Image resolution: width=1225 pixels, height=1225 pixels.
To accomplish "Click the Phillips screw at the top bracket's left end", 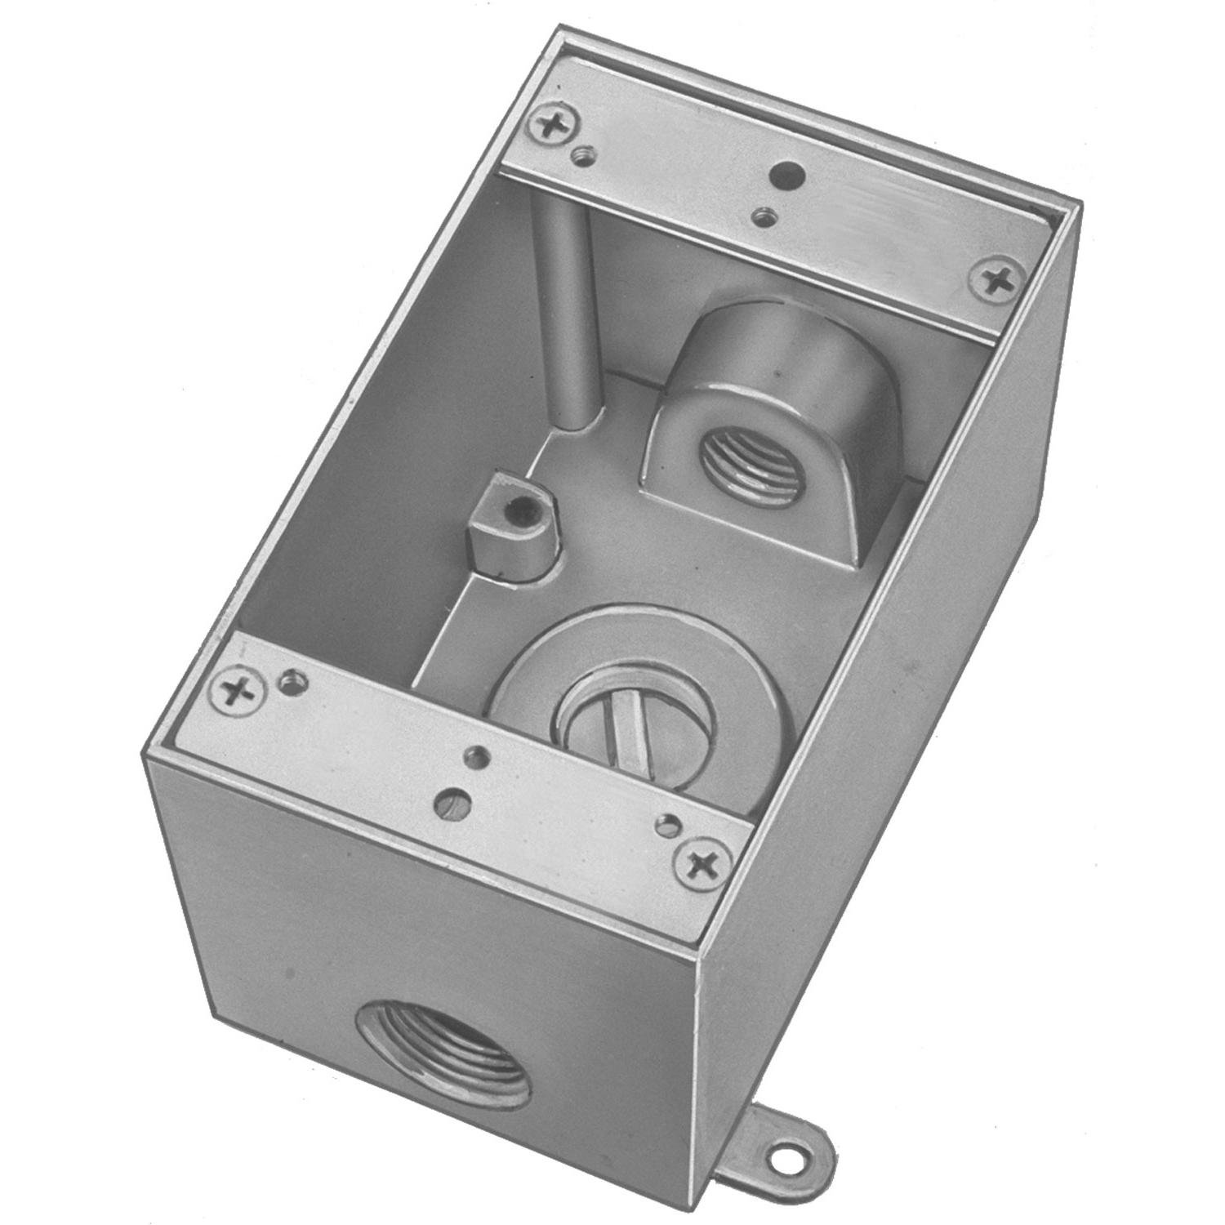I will [555, 126].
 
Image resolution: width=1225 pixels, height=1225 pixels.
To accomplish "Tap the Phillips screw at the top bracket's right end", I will [999, 280].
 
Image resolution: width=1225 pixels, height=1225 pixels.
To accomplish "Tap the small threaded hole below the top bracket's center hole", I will [765, 216].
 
